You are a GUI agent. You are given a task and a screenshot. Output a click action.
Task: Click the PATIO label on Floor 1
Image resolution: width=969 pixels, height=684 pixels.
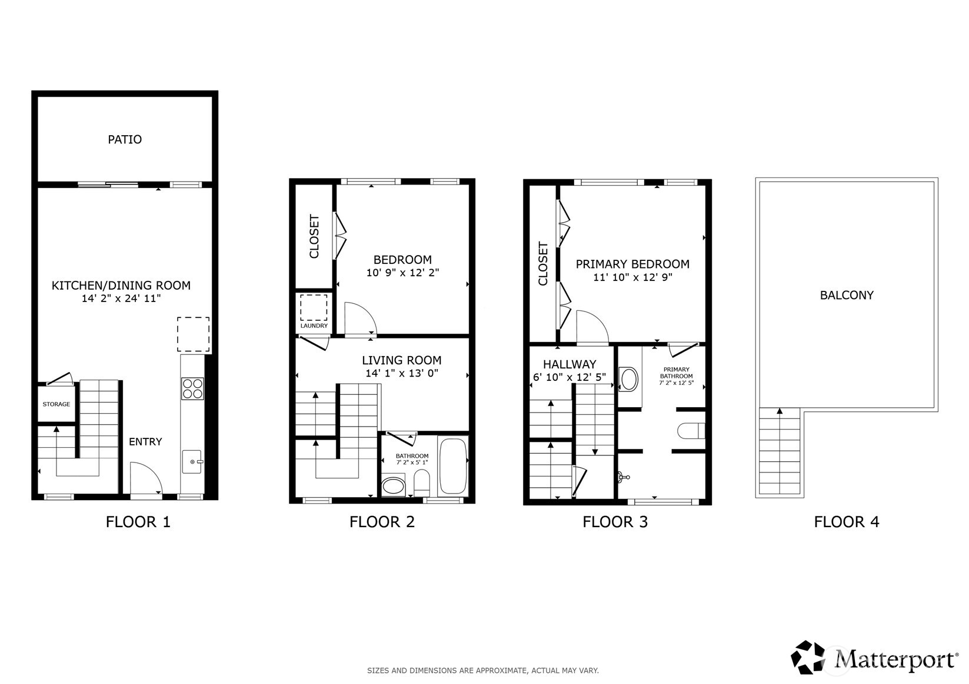[x=125, y=139]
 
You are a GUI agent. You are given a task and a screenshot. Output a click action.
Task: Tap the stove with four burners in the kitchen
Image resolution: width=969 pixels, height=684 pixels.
[x=192, y=388]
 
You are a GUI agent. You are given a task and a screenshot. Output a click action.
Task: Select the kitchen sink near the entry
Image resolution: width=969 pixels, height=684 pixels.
[x=192, y=462]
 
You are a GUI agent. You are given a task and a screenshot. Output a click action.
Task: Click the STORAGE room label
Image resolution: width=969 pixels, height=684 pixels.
[x=56, y=404]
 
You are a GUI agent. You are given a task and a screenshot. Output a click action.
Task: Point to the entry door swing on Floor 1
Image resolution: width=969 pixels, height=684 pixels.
[x=145, y=478]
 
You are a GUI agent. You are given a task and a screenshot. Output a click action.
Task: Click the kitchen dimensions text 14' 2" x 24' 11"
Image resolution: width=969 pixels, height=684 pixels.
[x=121, y=299]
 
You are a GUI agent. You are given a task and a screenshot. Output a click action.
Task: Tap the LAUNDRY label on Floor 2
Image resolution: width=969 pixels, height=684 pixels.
[x=314, y=326]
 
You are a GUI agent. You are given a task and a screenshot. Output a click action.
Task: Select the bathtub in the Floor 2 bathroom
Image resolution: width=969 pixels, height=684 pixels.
[x=453, y=467]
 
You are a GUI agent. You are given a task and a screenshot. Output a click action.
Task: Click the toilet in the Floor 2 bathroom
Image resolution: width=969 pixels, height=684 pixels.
[x=422, y=483]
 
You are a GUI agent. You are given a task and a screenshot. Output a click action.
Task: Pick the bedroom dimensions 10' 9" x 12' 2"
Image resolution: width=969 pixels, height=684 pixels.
[x=402, y=273]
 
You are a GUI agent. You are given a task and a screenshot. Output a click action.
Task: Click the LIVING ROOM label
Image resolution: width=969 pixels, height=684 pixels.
[x=401, y=360]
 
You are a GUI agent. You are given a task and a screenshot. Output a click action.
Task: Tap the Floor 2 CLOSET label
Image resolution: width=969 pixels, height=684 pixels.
[x=314, y=236]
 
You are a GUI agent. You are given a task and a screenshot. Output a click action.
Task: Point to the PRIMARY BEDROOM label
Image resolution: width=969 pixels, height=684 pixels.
[x=632, y=264]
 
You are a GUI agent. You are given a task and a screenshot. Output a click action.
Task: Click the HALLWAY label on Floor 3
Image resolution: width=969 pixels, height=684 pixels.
[x=569, y=364]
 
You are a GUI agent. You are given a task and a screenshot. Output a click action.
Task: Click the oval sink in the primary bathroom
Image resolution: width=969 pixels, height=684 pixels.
[x=629, y=380]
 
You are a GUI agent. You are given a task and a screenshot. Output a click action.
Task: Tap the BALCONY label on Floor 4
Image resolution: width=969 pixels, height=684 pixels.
[x=846, y=295]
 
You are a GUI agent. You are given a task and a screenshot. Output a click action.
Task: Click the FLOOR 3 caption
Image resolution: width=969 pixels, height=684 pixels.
[x=615, y=522]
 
